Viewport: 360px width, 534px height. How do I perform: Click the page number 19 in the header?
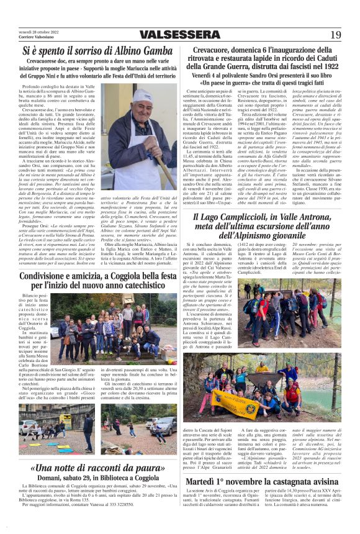coord(335,34)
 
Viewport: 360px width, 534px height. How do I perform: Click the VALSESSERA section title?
coord(180,35)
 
